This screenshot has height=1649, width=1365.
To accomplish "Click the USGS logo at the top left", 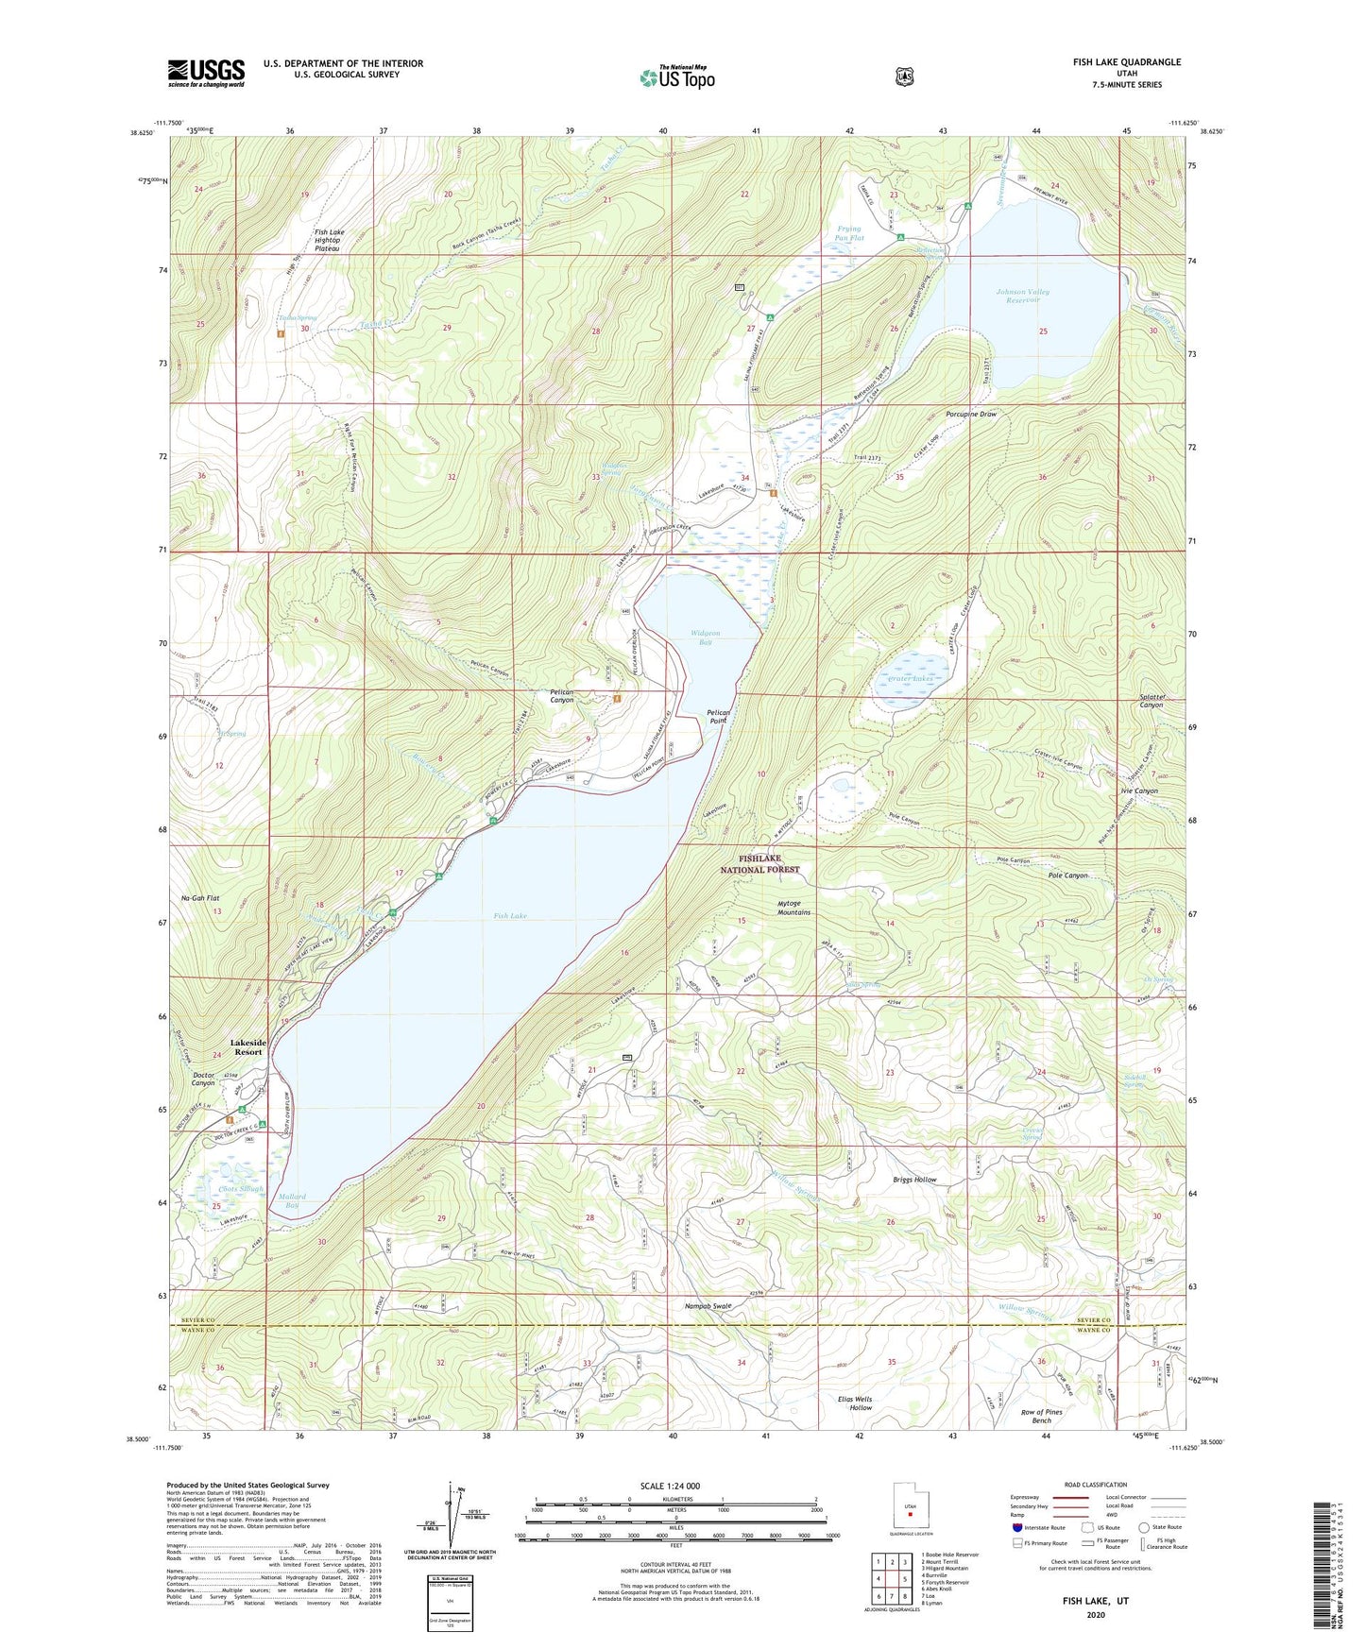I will (x=206, y=73).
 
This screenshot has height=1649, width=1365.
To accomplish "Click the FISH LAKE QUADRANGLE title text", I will (x=1126, y=62).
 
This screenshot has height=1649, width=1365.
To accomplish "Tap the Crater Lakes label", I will (x=911, y=679).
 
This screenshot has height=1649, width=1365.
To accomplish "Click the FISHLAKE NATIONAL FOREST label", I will (x=761, y=863).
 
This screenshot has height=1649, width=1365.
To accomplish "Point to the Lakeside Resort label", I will (x=248, y=1046).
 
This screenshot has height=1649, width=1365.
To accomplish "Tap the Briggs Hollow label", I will (x=914, y=1180).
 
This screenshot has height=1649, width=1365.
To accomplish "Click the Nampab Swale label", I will (x=708, y=1306).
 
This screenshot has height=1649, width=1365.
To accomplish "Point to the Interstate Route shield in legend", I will (x=1016, y=1527).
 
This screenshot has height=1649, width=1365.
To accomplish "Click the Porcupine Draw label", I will (x=971, y=415).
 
